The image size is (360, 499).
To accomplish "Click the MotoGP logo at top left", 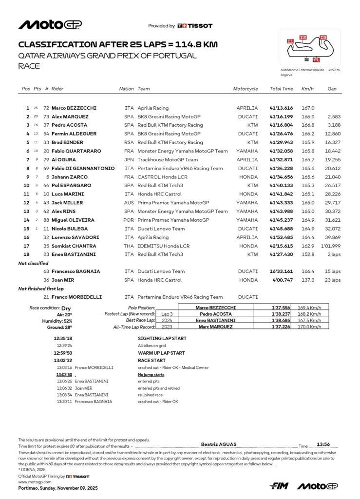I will click(50, 25).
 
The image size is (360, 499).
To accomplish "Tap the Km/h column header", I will click(308, 89).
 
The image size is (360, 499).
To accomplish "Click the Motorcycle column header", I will click(246, 89).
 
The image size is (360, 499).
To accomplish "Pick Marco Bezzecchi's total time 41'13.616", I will click(282, 108).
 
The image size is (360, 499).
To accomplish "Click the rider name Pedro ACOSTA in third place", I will click(70, 125).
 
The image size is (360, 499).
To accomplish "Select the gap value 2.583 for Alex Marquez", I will click(334, 117).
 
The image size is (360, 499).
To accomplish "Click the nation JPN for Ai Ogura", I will click(129, 160).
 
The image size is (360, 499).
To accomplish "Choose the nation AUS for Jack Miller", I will click(129, 203).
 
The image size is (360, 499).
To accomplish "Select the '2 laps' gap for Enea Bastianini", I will click(334, 254).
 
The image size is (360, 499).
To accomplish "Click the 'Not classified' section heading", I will click(34, 263).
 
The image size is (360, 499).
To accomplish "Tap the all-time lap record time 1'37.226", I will click(281, 326).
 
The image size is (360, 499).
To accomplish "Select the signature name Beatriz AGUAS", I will click(218, 444).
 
